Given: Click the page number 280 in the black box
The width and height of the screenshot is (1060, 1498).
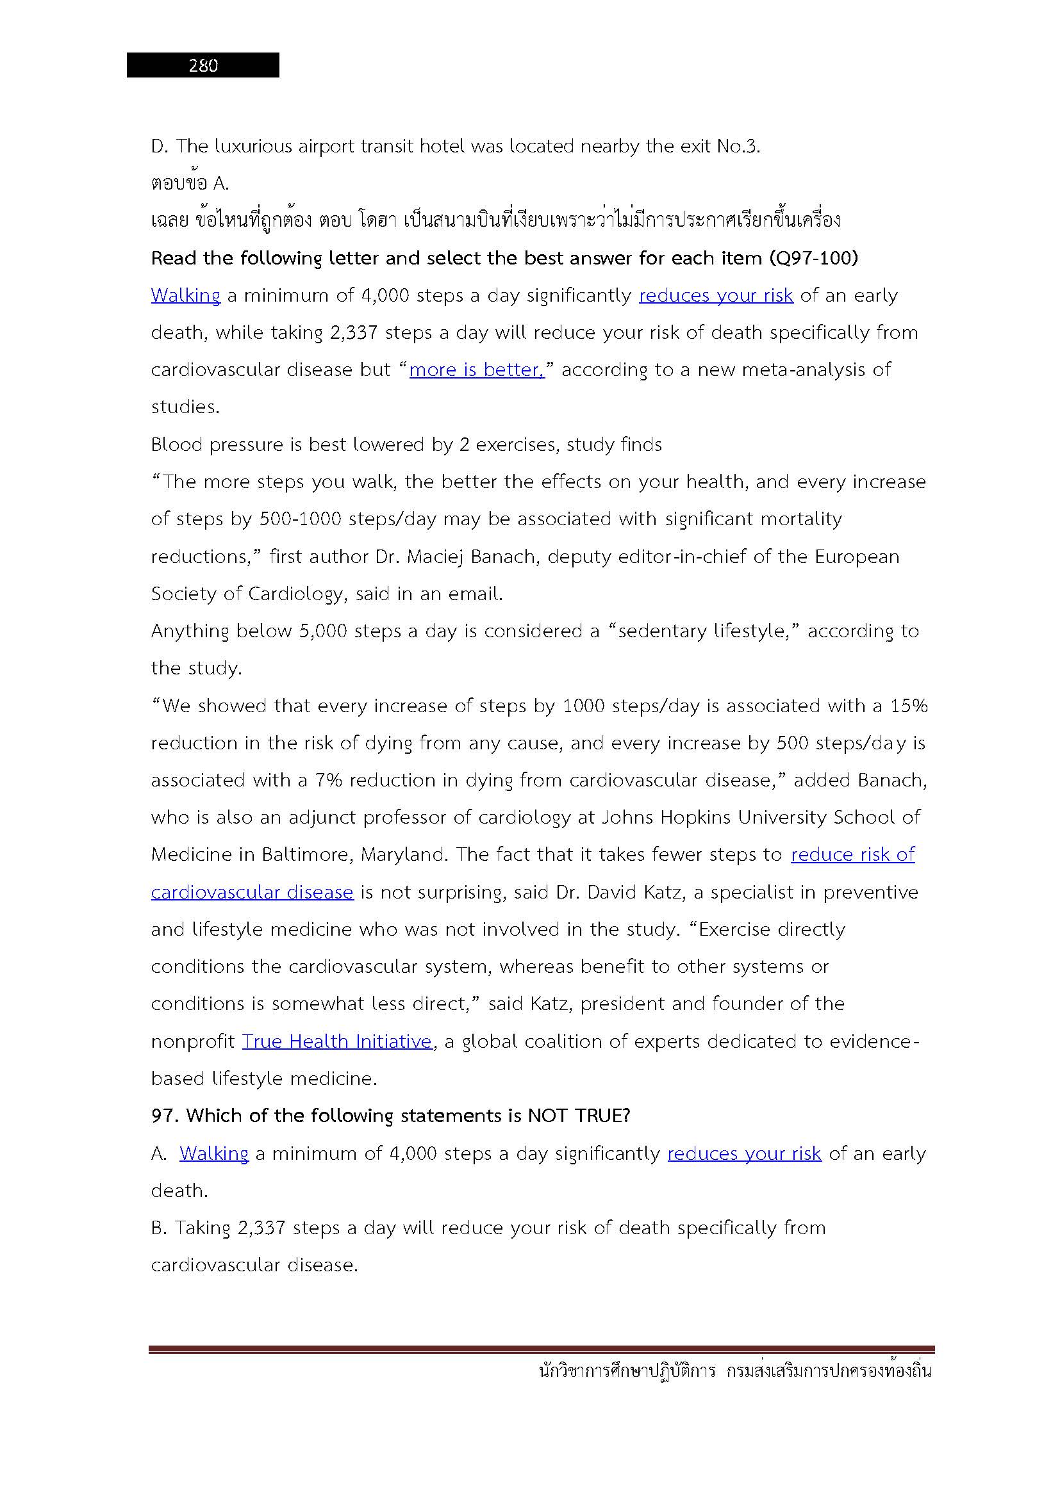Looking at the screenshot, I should pyautogui.click(x=203, y=65).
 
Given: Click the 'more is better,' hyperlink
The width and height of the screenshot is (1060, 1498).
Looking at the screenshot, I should pyautogui.click(x=476, y=370).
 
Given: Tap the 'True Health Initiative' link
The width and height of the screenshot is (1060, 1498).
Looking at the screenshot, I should pyautogui.click(x=337, y=1041).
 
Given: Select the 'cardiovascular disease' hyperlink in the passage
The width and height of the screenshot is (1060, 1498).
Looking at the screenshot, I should pyautogui.click(x=252, y=892).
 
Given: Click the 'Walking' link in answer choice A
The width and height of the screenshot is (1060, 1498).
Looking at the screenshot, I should pyautogui.click(x=214, y=1153).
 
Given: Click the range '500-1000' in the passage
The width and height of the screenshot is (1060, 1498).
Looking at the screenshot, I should pyautogui.click(x=300, y=519).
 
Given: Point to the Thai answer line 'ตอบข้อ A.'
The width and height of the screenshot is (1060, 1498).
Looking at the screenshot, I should pyautogui.click(x=190, y=184).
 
